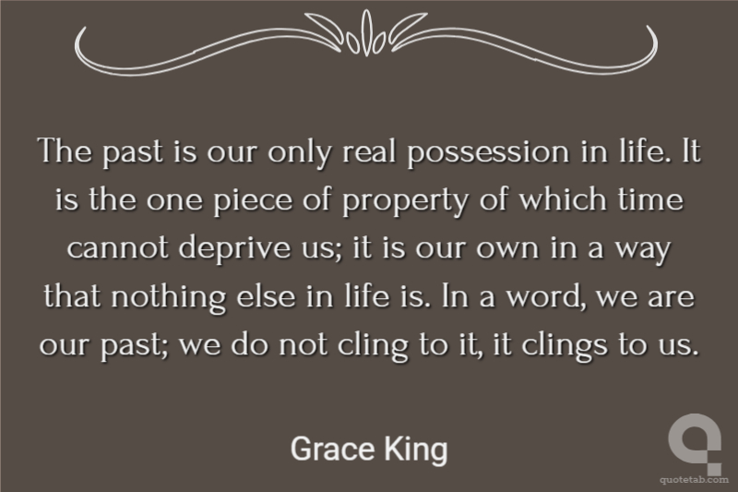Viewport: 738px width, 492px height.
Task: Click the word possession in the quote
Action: (x=488, y=152)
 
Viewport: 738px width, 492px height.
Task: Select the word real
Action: (x=369, y=150)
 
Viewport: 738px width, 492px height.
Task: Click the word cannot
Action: (x=118, y=248)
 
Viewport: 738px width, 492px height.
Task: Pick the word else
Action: (x=266, y=295)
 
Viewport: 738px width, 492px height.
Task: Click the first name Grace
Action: (x=332, y=449)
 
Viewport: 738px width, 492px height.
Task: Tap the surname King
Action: (x=416, y=450)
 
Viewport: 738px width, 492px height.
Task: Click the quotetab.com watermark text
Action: (x=695, y=480)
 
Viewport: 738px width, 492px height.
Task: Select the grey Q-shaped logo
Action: (x=696, y=443)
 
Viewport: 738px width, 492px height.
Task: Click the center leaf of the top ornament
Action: (x=366, y=33)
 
